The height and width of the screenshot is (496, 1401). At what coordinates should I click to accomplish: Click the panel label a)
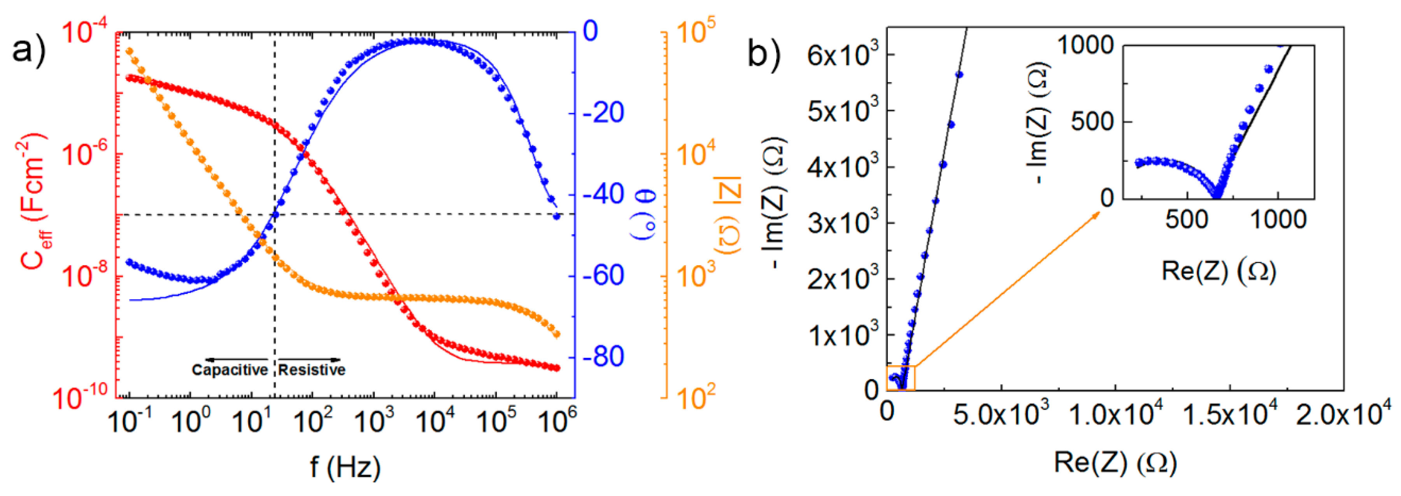click(28, 52)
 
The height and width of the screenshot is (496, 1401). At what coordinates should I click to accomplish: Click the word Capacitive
click(230, 370)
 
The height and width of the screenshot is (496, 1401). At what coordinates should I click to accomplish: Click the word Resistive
click(312, 370)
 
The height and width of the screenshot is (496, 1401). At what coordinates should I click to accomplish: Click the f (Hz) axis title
click(345, 467)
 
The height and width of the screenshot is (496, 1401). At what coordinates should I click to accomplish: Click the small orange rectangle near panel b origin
click(901, 378)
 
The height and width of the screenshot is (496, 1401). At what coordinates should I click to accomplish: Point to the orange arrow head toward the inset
click(1098, 213)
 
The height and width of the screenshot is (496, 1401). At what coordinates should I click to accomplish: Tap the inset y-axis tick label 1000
click(1085, 45)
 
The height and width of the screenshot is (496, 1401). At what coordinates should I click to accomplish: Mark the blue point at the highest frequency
click(556, 216)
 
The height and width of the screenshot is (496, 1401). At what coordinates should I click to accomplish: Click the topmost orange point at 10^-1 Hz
click(130, 51)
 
